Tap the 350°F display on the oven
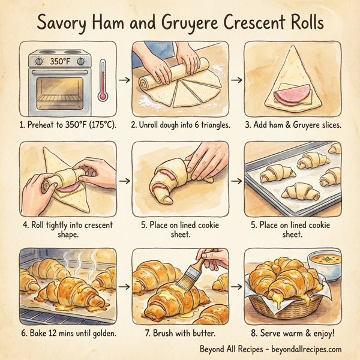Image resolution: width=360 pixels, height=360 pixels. [60, 61]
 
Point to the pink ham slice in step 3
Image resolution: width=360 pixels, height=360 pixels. [290, 95]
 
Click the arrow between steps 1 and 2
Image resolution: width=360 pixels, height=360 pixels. [124, 79]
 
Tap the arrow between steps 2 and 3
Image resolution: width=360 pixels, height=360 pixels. [236, 79]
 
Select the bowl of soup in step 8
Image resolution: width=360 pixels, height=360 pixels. [325, 262]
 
